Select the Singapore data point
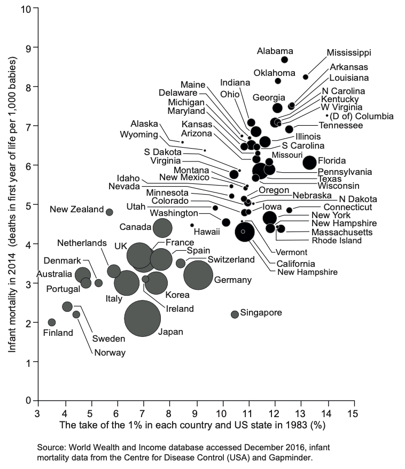(235, 314)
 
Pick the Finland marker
(52, 322)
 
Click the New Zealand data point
(110, 212)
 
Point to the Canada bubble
(162, 228)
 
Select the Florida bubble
(309, 162)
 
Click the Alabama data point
(284, 59)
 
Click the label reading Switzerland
(231, 259)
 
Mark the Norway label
(110, 352)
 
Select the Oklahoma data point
(278, 81)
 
